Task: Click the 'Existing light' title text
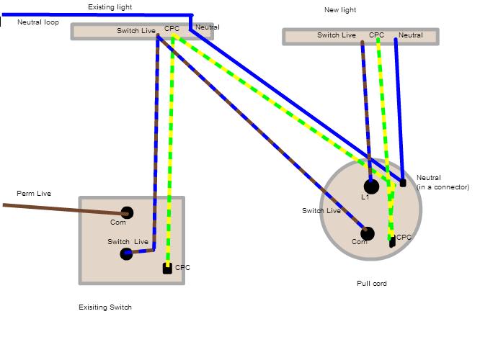tap(110, 7)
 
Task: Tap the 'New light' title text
tap(340, 10)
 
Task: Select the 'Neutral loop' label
tap(38, 22)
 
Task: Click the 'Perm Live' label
tap(34, 194)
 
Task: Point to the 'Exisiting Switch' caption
tap(105, 307)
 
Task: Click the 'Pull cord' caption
tap(372, 284)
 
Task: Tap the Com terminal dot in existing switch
tap(127, 212)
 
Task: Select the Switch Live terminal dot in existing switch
tap(127, 253)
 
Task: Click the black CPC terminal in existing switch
tap(167, 269)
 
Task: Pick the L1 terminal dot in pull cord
tap(371, 186)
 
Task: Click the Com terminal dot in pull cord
tap(368, 233)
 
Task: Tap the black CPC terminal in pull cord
tap(392, 243)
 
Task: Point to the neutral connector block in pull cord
tap(403, 183)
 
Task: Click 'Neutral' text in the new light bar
tap(411, 35)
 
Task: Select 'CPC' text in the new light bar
tap(376, 35)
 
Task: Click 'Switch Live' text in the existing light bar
tap(135, 31)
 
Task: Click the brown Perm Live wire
tap(65, 209)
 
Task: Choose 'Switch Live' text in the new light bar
tap(337, 35)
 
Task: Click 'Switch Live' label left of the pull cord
tap(321, 211)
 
